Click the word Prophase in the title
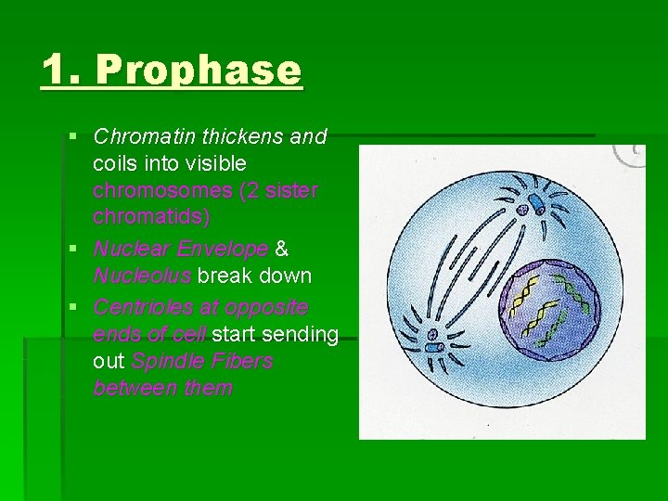(x=199, y=71)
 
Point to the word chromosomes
(x=163, y=190)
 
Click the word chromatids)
(x=151, y=217)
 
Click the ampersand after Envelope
(x=283, y=249)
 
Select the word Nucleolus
(x=141, y=276)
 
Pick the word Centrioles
(x=142, y=306)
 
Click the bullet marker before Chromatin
(x=74, y=137)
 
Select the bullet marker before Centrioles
(x=74, y=307)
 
